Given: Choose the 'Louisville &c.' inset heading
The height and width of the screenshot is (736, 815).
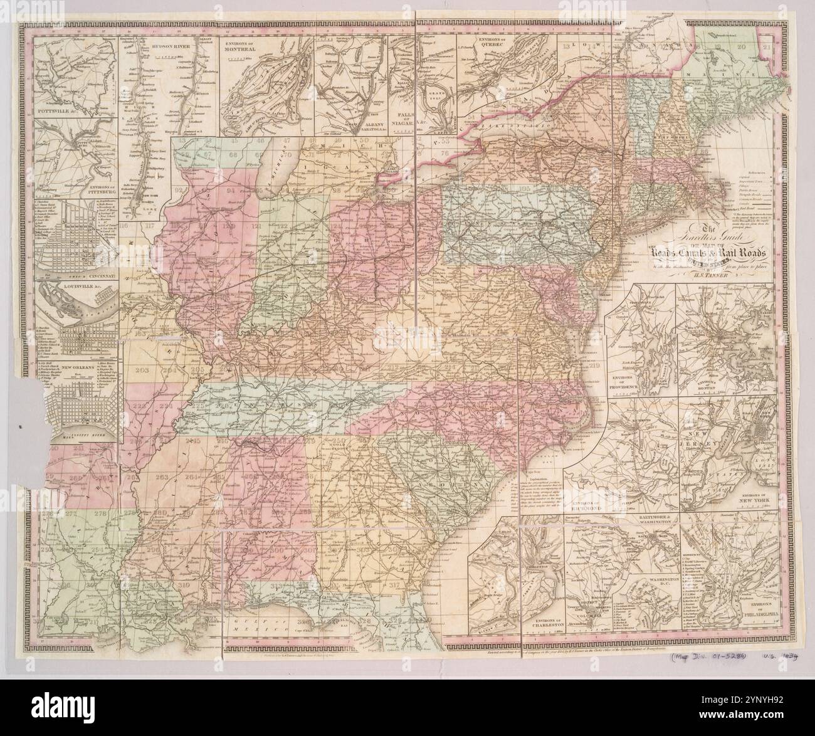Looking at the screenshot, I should (70, 291).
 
